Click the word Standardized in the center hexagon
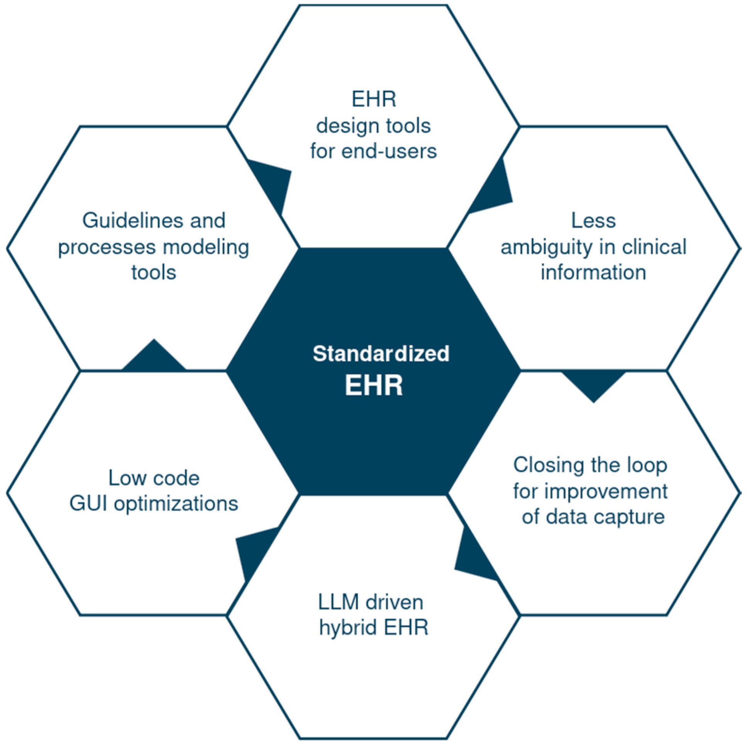click(381, 353)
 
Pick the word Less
click(593, 221)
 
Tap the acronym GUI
click(88, 504)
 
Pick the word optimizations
click(176, 504)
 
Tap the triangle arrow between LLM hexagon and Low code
click(254, 550)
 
